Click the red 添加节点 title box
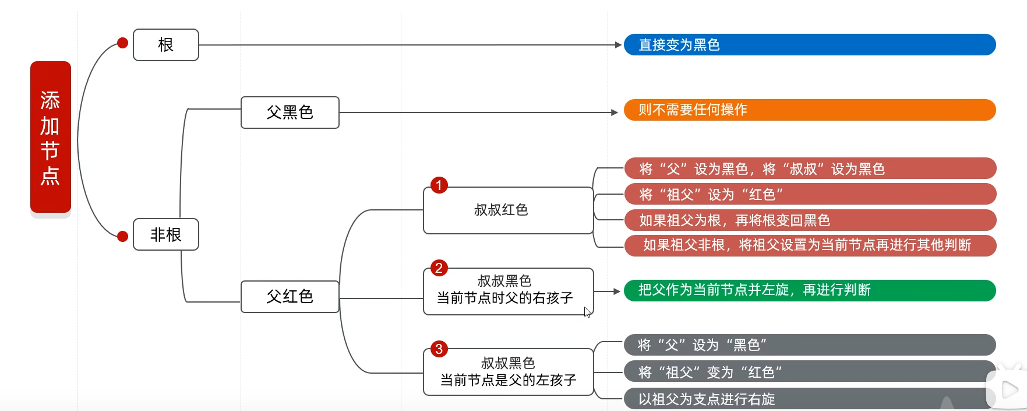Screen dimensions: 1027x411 (51, 137)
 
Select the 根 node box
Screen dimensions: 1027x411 (166, 45)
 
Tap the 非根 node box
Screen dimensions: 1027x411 (166, 234)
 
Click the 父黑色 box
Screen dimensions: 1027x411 (290, 113)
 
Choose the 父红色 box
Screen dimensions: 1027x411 (290, 297)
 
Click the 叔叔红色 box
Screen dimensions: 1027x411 (509, 210)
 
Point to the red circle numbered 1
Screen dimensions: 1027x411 (439, 185)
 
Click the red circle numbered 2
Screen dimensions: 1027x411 (439, 268)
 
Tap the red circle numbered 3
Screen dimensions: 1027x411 (439, 349)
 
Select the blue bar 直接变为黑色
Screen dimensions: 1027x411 (810, 45)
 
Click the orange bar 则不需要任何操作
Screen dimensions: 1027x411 (810, 110)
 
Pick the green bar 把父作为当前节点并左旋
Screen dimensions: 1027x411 (810, 290)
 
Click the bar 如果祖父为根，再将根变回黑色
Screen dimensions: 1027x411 (810, 220)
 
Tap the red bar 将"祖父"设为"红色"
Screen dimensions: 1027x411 (810, 194)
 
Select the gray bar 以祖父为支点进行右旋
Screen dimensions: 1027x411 (810, 399)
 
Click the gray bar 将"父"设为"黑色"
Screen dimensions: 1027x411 (810, 345)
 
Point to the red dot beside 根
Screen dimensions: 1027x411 (122, 43)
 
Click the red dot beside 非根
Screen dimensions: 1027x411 (122, 236)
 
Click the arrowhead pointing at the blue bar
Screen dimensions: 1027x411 (619, 45)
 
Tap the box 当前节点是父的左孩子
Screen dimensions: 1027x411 (509, 372)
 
